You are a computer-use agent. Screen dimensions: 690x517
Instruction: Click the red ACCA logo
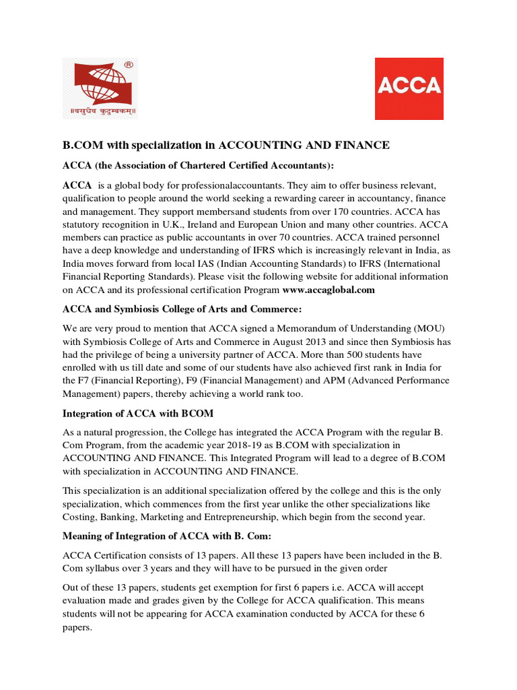pos(409,88)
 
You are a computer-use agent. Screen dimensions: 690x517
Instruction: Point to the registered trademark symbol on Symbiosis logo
pos(129,65)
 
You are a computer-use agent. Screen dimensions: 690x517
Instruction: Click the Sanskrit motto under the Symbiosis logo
pos(100,111)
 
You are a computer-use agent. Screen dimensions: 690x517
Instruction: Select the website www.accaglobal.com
pos(328,290)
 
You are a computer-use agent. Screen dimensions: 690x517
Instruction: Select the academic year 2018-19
pos(282,445)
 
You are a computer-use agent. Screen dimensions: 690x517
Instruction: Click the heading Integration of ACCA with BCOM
pos(139,413)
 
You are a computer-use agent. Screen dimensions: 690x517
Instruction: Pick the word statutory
pos(83,226)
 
